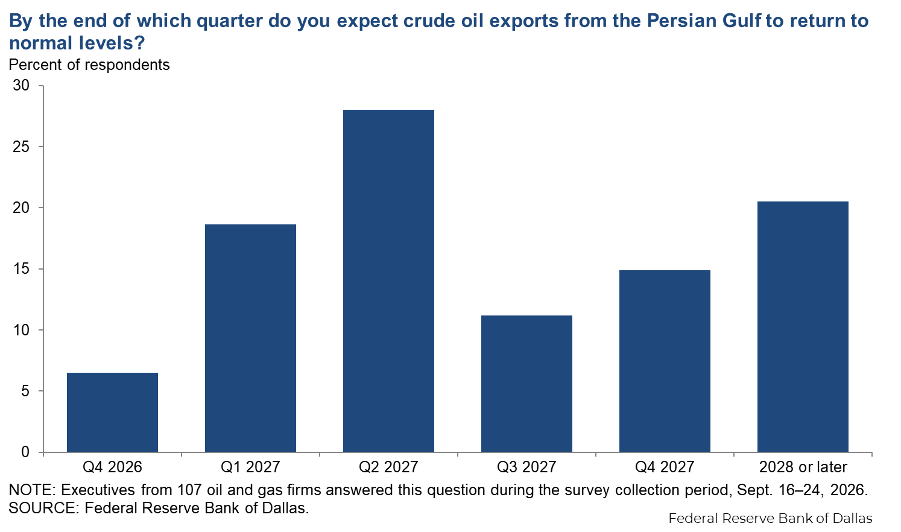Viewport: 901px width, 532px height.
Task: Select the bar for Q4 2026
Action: point(112,413)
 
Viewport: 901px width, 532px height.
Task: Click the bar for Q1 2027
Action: point(251,338)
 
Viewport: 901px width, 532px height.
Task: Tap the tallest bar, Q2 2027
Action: point(388,281)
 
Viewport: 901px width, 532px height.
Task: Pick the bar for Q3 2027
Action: point(526,384)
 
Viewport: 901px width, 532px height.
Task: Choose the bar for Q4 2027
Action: point(665,361)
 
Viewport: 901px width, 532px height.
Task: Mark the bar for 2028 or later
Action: point(803,327)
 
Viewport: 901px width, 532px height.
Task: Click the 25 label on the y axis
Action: point(21,147)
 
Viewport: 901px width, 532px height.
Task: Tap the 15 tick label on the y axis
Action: point(21,269)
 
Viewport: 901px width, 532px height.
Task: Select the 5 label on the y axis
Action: point(26,391)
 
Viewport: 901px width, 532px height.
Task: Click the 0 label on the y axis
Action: point(26,452)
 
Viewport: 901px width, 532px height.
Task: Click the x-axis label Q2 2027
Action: point(388,467)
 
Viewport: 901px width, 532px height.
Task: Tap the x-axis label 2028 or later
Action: point(803,467)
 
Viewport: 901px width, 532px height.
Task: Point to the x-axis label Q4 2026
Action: point(112,467)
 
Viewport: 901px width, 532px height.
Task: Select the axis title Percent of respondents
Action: point(89,65)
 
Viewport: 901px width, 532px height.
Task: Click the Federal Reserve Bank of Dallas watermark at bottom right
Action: point(770,518)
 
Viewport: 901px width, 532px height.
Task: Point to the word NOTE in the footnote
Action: point(32,490)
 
